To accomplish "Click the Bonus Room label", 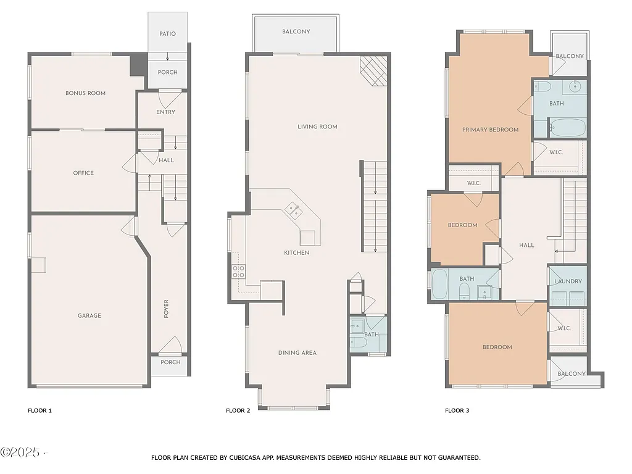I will [x=85, y=93].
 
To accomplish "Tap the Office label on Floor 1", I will [x=83, y=173].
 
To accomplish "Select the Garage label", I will [x=89, y=315].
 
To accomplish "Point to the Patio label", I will [x=167, y=33].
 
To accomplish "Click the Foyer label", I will [x=166, y=309].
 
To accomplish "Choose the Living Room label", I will [x=317, y=127].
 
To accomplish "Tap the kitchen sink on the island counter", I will [x=293, y=211].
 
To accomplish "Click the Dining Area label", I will [x=297, y=352].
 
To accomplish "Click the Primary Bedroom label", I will [x=490, y=130].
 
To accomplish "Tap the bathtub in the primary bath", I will [x=567, y=128].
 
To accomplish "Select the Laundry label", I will [x=568, y=281].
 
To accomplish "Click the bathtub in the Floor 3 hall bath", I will [x=440, y=285].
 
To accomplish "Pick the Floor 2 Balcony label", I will [x=296, y=31].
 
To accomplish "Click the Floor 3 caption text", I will [x=457, y=410].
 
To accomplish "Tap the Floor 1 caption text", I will [x=40, y=410].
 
